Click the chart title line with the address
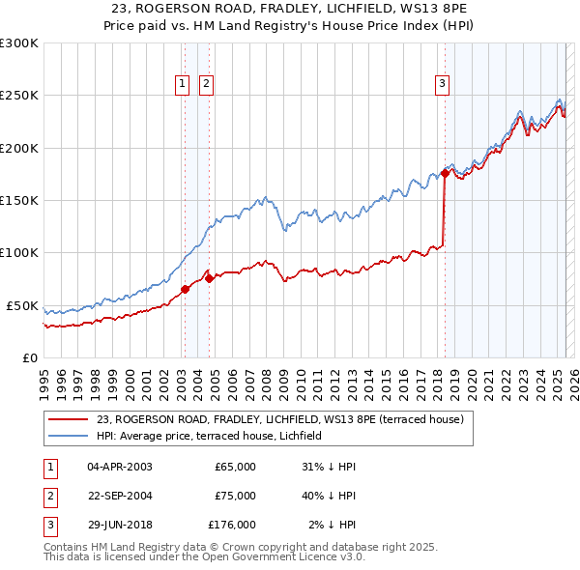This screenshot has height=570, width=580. [289, 9]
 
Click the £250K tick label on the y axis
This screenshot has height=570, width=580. [19, 96]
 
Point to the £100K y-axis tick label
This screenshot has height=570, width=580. [19, 253]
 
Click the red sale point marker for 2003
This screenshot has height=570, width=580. [185, 289]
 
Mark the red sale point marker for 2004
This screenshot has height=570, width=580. [210, 278]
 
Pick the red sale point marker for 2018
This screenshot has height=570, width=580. [445, 173]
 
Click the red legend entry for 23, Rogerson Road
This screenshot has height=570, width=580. [280, 419]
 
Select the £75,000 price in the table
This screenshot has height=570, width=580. [235, 496]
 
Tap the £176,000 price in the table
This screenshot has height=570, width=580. [232, 525]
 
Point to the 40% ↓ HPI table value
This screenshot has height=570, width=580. [329, 496]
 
